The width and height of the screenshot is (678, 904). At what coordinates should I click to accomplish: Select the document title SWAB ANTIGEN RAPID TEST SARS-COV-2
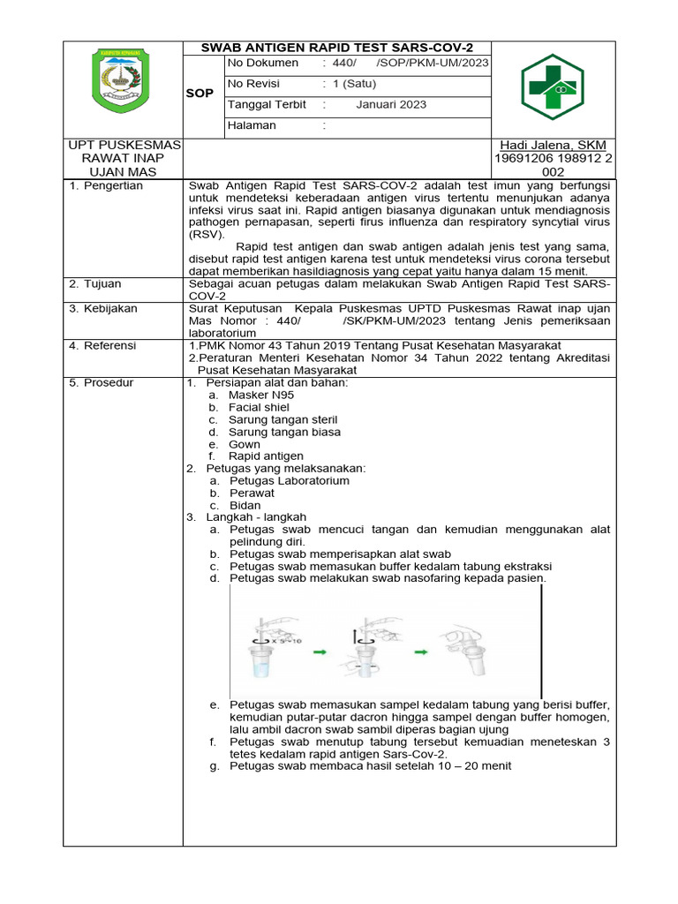click(336, 47)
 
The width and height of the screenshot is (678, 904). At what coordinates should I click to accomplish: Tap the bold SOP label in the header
click(200, 94)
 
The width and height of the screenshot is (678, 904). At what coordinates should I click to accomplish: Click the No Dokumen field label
click(263, 64)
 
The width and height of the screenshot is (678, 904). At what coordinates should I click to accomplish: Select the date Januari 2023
click(391, 104)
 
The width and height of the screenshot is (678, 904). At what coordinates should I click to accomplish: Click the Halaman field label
click(252, 125)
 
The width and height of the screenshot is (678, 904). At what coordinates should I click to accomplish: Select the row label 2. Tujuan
click(96, 284)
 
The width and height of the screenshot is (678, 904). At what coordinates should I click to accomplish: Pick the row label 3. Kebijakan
click(103, 309)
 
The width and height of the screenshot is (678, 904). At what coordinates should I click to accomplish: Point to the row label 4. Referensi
click(103, 346)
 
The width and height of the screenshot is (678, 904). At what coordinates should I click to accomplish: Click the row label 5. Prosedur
click(102, 383)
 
